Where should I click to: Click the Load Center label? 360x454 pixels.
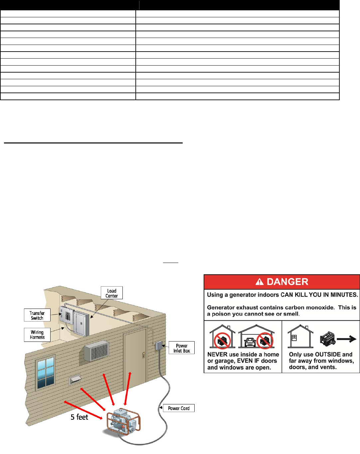point(112,293)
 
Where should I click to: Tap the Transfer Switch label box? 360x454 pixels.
point(37,315)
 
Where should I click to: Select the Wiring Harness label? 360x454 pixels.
point(37,335)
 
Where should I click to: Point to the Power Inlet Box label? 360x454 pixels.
point(182,348)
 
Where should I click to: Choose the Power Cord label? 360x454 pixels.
point(179,408)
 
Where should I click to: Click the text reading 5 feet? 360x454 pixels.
point(79,417)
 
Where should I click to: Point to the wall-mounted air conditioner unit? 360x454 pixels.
point(96,351)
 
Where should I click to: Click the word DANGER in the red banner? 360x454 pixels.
point(287,282)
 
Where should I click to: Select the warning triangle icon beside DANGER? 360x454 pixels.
point(260,282)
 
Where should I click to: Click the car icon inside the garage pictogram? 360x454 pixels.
point(250,342)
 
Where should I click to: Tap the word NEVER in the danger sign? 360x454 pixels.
point(217,354)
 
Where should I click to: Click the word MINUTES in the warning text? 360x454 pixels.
point(344,295)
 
